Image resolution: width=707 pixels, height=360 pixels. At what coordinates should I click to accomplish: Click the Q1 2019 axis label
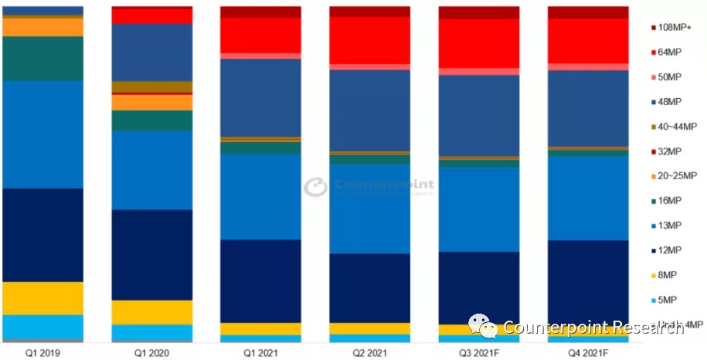pyautogui.click(x=42, y=352)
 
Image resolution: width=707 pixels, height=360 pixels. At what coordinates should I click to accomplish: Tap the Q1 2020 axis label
pyautogui.click(x=151, y=352)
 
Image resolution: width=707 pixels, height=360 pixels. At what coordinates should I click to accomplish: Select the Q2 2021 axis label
pyautogui.click(x=369, y=352)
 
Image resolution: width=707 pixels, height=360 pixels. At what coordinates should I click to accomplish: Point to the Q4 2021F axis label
pyautogui.click(x=587, y=352)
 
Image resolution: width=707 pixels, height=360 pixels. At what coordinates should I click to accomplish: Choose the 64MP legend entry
pyautogui.click(x=668, y=53)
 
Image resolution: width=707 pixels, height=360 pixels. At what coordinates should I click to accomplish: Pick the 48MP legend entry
pyautogui.click(x=668, y=102)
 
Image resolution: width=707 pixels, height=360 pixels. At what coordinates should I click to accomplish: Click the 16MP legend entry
pyautogui.click(x=668, y=201)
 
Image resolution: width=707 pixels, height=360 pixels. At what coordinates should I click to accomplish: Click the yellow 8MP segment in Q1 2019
pyautogui.click(x=43, y=298)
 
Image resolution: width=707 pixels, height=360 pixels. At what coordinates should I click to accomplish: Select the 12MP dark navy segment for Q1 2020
pyautogui.click(x=152, y=254)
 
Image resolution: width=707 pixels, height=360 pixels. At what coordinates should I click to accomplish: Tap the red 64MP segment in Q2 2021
pyautogui.click(x=370, y=40)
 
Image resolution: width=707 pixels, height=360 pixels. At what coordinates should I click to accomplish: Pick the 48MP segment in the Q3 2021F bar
pyautogui.click(x=479, y=115)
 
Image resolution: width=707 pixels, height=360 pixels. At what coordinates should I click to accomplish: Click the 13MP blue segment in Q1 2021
pyautogui.click(x=261, y=196)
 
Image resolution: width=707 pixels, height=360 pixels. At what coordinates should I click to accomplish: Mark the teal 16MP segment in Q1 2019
pyautogui.click(x=43, y=59)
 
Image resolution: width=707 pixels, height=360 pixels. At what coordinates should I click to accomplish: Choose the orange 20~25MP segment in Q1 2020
pyautogui.click(x=152, y=102)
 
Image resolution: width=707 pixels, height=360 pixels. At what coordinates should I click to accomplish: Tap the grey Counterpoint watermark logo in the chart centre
pyautogui.click(x=315, y=188)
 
